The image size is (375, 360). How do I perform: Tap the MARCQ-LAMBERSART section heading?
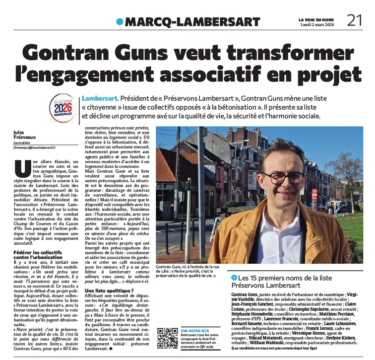[192, 22]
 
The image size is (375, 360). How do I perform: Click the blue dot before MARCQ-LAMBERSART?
[120, 21]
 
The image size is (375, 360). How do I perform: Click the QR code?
[167, 338]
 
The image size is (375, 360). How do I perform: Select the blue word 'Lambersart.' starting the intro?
[99, 98]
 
